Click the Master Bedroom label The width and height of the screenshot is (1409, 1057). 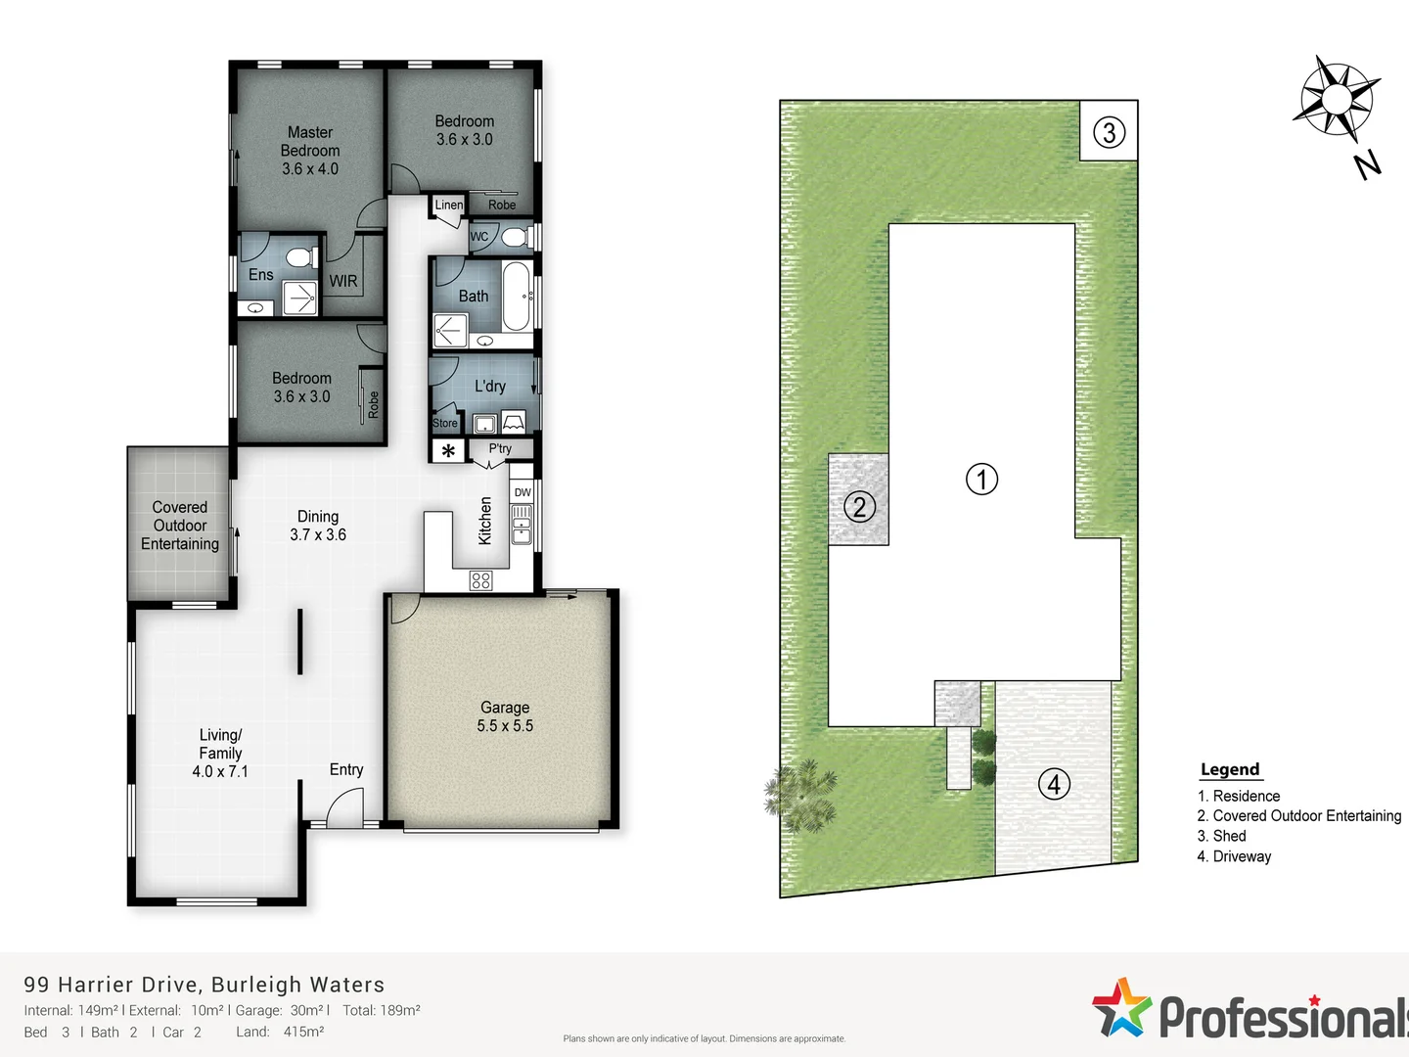[x=310, y=151]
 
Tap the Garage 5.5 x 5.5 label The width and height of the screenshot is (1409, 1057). [x=505, y=716]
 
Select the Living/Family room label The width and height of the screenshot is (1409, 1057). [x=220, y=753]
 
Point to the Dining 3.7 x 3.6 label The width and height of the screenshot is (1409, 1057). [x=318, y=526]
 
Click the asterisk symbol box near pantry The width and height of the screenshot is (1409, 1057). [x=448, y=451]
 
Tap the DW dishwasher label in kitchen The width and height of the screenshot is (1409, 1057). [x=523, y=492]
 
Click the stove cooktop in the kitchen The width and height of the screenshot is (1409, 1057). [x=480, y=580]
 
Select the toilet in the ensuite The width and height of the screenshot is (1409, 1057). [x=300, y=258]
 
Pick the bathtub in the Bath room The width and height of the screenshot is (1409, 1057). [x=517, y=296]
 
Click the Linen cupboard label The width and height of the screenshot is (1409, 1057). [x=449, y=205]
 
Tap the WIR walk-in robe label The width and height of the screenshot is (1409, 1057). [x=342, y=281]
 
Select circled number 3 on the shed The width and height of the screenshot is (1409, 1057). [x=1109, y=131]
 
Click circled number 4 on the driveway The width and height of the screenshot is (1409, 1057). [x=1054, y=784]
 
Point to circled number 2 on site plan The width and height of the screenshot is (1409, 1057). [x=859, y=507]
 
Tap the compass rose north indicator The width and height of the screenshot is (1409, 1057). [x=1338, y=98]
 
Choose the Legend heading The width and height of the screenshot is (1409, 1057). [x=1230, y=769]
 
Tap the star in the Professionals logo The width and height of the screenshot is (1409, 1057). [x=1121, y=1007]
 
